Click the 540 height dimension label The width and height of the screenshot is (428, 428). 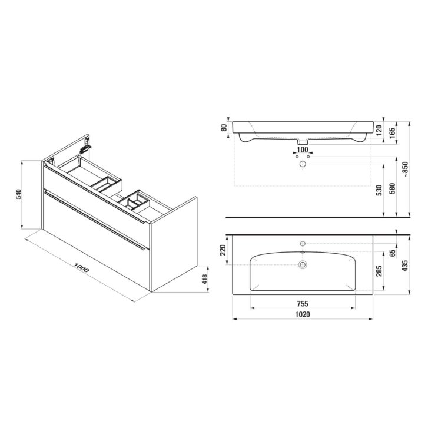coord(19,194)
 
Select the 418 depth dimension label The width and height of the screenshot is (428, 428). coord(205,279)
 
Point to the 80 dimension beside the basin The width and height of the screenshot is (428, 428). coord(224,128)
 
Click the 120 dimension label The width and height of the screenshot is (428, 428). coord(379,131)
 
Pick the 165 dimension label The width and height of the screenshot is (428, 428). coord(392,133)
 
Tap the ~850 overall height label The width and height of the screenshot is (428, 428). coord(406,170)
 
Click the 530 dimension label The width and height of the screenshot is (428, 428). coord(379,190)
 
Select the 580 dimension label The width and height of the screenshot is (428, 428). coord(392,188)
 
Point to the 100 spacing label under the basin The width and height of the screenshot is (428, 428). coord(302,150)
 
